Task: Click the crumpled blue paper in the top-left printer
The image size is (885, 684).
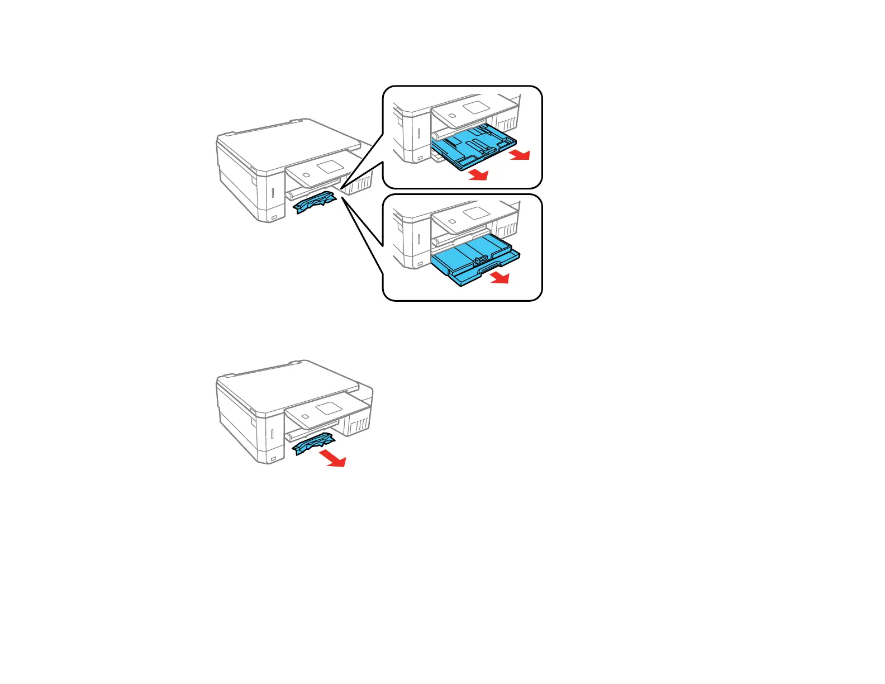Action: pos(314,202)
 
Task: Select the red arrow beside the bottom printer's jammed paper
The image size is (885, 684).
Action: pos(334,459)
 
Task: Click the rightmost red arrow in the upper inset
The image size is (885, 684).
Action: pos(520,155)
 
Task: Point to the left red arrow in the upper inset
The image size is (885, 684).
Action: pos(479,175)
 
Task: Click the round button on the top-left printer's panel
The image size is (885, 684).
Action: pos(305,175)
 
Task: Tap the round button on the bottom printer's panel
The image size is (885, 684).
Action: pos(305,416)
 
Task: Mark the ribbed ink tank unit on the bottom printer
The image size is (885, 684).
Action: pos(358,425)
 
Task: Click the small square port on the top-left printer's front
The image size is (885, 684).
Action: pos(273,217)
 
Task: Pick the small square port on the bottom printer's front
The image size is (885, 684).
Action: pos(273,459)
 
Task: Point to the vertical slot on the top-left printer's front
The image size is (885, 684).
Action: pos(272,193)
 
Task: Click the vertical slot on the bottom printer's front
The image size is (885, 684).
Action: pos(272,435)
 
